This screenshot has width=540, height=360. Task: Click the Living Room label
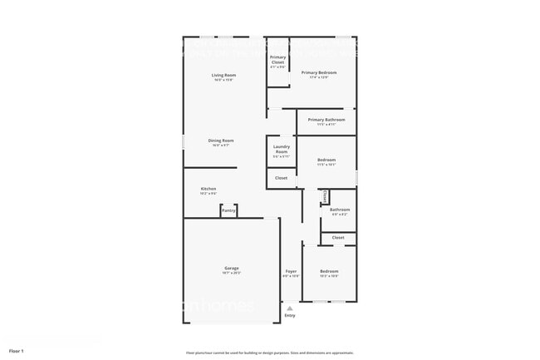(x=223, y=76)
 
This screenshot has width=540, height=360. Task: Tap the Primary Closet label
(x=277, y=59)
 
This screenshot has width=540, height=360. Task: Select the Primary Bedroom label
(x=324, y=73)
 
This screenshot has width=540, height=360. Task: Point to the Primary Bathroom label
(x=326, y=120)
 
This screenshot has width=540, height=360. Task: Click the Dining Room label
(x=221, y=141)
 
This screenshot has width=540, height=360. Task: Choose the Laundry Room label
(x=281, y=150)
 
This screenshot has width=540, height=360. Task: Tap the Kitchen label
(x=209, y=189)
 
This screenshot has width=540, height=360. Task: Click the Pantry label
(x=229, y=211)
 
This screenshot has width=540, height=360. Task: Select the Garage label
(x=232, y=268)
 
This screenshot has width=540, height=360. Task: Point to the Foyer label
(x=291, y=271)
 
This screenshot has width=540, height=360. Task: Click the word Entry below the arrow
(x=290, y=315)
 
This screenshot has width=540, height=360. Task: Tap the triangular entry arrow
(x=290, y=307)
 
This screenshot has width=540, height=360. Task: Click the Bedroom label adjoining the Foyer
(x=330, y=271)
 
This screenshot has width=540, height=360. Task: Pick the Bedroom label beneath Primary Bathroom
(x=326, y=160)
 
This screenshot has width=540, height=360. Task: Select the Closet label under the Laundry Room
(x=282, y=178)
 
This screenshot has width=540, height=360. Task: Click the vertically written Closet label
(x=325, y=196)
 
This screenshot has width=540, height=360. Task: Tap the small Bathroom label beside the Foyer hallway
(x=340, y=210)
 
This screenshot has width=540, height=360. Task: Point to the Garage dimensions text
(x=232, y=273)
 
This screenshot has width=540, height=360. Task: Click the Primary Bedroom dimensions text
(x=324, y=78)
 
